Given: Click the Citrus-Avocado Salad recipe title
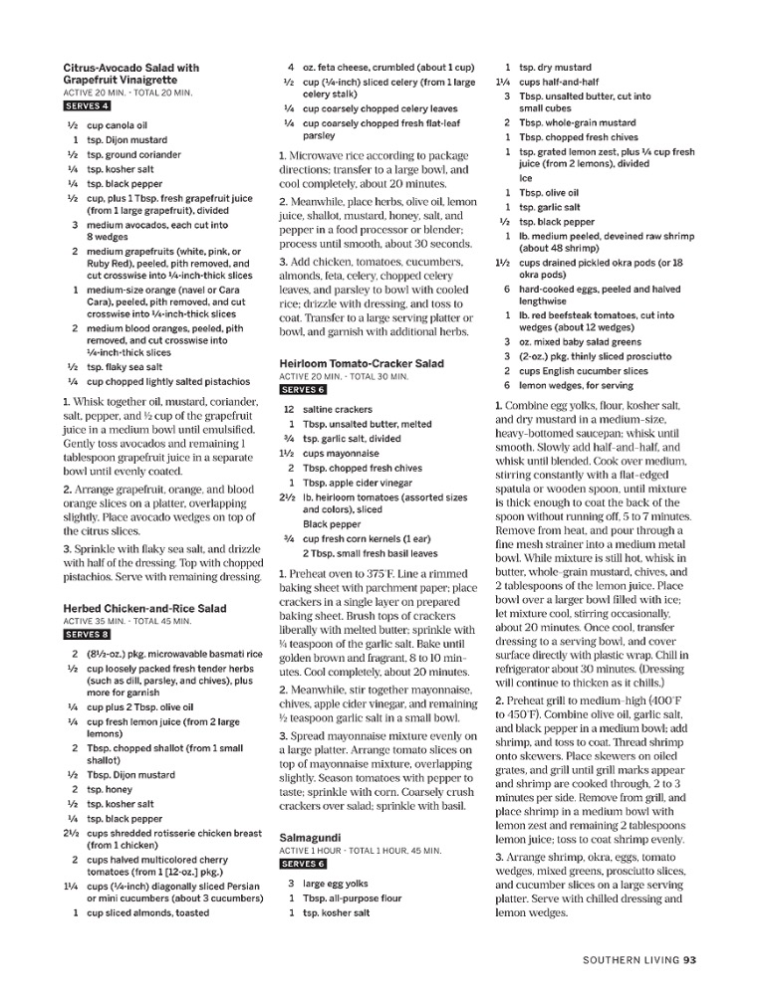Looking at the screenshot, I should click(x=130, y=73).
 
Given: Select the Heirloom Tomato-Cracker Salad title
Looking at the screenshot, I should click(x=361, y=364).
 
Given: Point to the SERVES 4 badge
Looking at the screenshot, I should click(x=87, y=105).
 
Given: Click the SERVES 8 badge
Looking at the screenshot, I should click(x=87, y=634).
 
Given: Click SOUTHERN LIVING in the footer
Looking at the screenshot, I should click(x=631, y=960).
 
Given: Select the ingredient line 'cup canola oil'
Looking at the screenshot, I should click(x=117, y=126).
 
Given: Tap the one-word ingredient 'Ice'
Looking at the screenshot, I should click(x=526, y=179).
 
